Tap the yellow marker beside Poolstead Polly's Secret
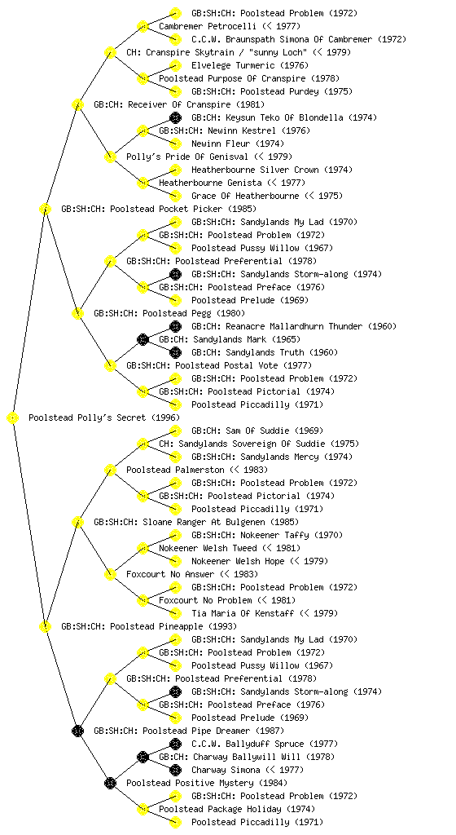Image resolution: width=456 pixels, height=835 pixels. (x=13, y=418)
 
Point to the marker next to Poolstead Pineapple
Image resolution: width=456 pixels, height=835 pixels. (x=45, y=627)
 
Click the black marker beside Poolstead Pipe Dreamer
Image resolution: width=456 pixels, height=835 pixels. (x=77, y=731)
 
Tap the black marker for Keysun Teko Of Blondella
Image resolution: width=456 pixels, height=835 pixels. (x=175, y=117)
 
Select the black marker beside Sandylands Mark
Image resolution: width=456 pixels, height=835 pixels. (x=142, y=339)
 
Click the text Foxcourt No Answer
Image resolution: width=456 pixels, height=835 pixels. (x=170, y=574)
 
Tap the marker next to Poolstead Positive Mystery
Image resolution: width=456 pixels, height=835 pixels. (x=110, y=783)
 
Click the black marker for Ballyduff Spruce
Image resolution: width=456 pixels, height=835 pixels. (x=175, y=744)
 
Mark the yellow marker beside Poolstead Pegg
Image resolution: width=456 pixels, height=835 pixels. (x=77, y=313)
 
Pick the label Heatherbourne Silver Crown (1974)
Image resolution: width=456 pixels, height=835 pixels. (x=272, y=170)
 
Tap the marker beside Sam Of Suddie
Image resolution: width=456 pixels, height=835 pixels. (x=175, y=431)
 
